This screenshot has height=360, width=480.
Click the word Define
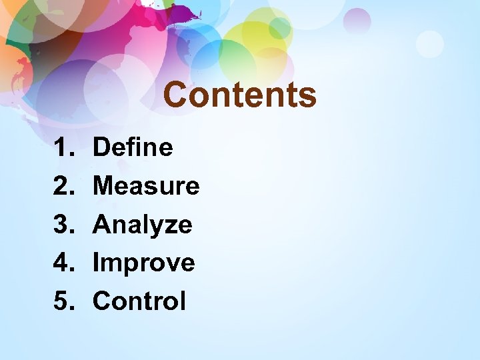pyautogui.click(x=133, y=147)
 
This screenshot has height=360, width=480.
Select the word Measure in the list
pyautogui.click(x=146, y=185)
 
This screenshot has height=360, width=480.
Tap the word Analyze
pyautogui.click(x=142, y=224)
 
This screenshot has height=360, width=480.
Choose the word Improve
pyautogui.click(x=143, y=263)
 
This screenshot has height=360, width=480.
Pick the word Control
pyautogui.click(x=139, y=301)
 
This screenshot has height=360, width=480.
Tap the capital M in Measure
pyautogui.click(x=105, y=185)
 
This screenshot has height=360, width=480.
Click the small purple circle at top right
pyautogui.click(x=358, y=21)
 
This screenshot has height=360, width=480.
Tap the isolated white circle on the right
pyautogui.click(x=429, y=44)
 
